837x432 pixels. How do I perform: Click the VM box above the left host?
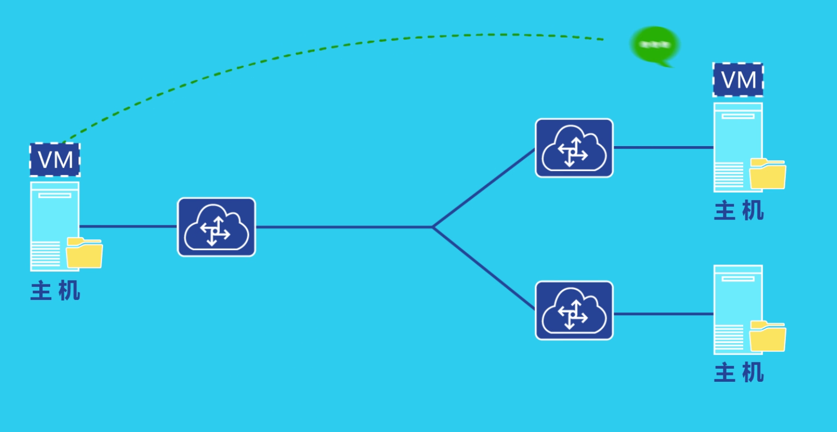tap(55, 160)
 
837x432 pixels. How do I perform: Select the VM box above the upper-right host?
tap(738, 80)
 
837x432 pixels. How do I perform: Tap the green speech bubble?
tap(655, 45)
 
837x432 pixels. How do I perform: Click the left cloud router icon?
tap(217, 227)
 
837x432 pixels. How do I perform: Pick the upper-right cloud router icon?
tap(574, 148)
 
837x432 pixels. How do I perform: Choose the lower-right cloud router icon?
tap(574, 311)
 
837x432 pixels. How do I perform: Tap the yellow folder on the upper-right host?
tap(768, 174)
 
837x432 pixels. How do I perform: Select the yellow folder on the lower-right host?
tap(768, 336)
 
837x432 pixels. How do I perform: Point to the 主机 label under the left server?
tap(55, 291)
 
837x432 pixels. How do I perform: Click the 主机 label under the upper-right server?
tap(739, 211)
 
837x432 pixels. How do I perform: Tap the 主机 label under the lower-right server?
tap(739, 373)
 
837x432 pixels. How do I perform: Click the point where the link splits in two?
tap(433, 227)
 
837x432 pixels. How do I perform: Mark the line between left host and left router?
tap(128, 227)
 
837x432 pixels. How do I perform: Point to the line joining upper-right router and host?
tap(663, 148)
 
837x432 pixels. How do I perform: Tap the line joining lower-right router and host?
tap(663, 314)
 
